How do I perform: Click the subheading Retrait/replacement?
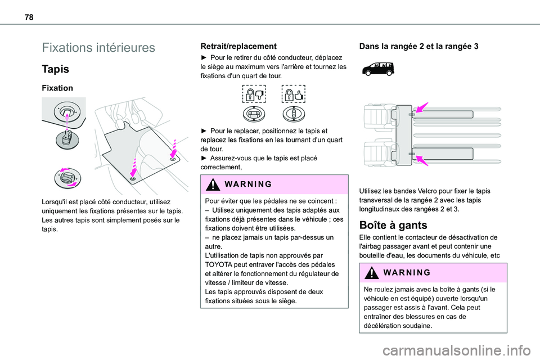235,46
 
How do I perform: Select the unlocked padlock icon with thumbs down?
253,94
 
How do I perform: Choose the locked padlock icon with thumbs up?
293,94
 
